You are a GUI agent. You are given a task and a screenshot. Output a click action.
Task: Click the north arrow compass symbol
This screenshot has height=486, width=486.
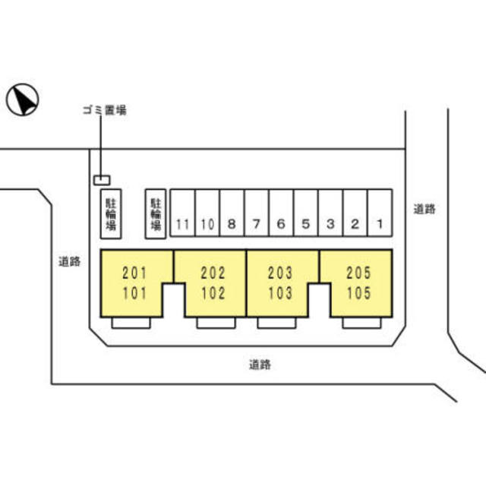(22, 99)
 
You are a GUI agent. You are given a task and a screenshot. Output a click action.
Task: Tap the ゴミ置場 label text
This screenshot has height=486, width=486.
(105, 110)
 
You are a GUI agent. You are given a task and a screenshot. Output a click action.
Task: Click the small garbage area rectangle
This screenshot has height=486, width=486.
(102, 180)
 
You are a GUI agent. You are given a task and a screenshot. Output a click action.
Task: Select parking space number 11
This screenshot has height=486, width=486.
(182, 213)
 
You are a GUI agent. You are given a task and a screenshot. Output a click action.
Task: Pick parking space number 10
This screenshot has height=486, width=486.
(207, 213)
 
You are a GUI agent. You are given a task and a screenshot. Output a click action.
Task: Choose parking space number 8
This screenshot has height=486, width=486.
(232, 213)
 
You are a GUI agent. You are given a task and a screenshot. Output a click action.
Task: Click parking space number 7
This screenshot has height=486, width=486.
(257, 213)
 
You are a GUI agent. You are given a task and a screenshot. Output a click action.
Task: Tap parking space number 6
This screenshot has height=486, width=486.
(281, 213)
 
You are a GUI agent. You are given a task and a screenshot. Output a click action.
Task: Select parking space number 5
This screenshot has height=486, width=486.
(305, 213)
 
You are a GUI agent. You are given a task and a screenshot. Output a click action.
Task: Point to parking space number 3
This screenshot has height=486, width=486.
(330, 213)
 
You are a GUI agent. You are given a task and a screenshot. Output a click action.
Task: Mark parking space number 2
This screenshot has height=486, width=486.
(355, 213)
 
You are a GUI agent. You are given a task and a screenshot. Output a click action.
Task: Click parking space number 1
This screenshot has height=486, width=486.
(380, 213)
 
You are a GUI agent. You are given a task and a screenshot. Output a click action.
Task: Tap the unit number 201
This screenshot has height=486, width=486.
(134, 273)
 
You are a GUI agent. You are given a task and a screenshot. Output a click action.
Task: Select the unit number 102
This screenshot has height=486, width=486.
(213, 293)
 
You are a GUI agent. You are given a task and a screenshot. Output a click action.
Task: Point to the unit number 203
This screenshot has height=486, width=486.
(280, 273)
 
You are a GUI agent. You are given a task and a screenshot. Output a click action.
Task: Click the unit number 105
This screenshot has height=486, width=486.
(358, 293)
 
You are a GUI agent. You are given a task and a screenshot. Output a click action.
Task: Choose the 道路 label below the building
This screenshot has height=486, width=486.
(260, 364)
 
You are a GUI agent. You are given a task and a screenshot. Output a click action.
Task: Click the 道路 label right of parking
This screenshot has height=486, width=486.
(424, 209)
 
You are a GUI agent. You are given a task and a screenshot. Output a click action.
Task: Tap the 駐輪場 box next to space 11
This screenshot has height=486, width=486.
(156, 214)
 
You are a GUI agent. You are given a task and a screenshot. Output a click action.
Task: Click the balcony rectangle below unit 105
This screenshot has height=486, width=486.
(361, 323)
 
